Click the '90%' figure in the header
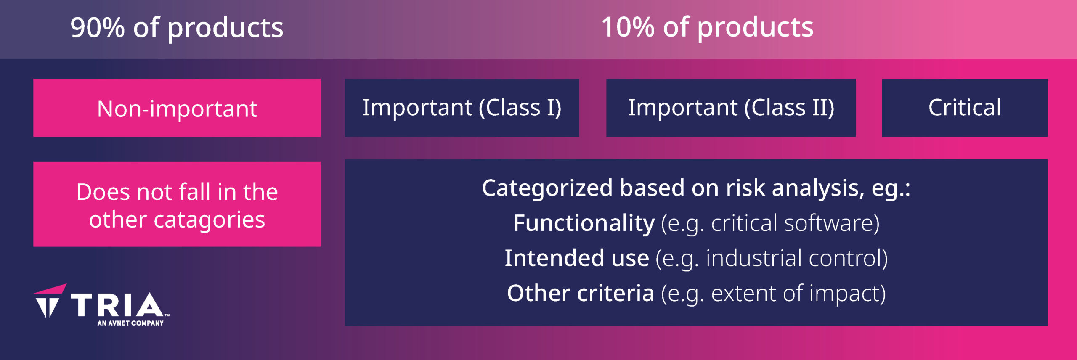(98, 28)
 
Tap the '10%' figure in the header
(628, 27)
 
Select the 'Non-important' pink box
(177, 108)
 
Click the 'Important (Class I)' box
(462, 108)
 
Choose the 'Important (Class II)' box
(731, 108)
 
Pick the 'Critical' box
(965, 108)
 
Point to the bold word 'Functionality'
(584, 223)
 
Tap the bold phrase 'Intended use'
(577, 258)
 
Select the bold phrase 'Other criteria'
(581, 293)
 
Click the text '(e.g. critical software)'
(770, 223)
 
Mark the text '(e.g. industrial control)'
(772, 258)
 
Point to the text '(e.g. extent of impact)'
(773, 294)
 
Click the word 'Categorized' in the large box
(547, 188)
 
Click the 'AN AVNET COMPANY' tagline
(130, 323)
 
